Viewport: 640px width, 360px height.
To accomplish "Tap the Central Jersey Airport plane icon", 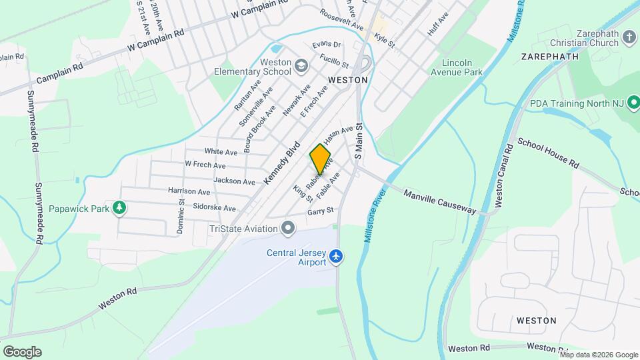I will (x=337, y=256).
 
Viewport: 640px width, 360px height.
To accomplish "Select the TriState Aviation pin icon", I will (x=288, y=229).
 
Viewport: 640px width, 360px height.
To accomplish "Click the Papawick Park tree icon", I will (x=119, y=209).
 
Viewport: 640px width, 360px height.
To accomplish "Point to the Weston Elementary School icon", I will (x=301, y=65).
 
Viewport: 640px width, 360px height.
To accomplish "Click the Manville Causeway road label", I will (x=440, y=201).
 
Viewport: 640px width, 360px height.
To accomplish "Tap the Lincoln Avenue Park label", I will (x=456, y=67).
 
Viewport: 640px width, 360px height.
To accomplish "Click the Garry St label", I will (x=320, y=212).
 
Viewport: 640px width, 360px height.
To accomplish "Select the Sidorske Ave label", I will (x=214, y=208).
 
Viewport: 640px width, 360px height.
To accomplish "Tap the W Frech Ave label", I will (x=205, y=165).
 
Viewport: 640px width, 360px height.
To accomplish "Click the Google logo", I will (x=22, y=351).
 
